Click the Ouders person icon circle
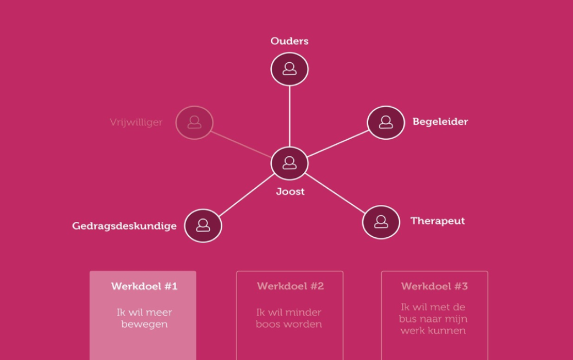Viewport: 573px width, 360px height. tap(290, 69)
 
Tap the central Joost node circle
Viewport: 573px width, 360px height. tap(290, 163)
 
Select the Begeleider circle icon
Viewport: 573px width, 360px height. tap(386, 122)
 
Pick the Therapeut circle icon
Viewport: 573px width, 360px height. tap(381, 222)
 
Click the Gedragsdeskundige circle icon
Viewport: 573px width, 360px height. tap(203, 226)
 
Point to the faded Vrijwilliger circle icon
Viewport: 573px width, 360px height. tap(194, 122)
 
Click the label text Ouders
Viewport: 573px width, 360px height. tap(290, 41)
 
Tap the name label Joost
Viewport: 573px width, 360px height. tap(290, 192)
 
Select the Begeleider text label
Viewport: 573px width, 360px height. tap(440, 122)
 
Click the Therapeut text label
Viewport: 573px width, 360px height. tap(438, 221)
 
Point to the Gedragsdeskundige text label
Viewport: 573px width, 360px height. tap(124, 226)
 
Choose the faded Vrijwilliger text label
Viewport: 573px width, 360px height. tap(136, 122)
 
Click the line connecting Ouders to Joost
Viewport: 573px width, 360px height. tap(290, 116)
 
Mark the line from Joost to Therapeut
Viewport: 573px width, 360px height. tap(335, 193)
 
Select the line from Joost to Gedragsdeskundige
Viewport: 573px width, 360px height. tap(247, 195)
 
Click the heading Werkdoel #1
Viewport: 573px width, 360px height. tap(144, 286)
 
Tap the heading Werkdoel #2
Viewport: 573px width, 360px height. tap(290, 286)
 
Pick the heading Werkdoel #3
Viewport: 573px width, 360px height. tap(434, 286)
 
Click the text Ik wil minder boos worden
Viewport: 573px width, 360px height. tap(288, 318)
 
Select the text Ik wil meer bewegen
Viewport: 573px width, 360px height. tap(144, 318)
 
